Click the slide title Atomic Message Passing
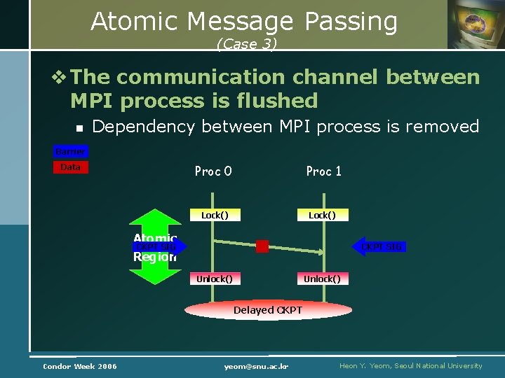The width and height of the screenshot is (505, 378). [x=243, y=22]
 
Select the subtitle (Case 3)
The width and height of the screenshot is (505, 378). [x=247, y=44]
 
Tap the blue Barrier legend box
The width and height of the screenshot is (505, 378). [x=71, y=152]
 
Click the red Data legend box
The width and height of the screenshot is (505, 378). [x=71, y=167]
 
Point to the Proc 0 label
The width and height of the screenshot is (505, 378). [x=213, y=171]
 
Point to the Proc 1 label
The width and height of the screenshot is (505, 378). [x=323, y=171]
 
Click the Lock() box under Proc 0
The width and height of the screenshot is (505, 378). [x=215, y=216]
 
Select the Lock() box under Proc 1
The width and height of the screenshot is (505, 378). [x=322, y=216]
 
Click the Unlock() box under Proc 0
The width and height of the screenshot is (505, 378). [x=215, y=279]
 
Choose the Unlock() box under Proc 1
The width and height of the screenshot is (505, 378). [x=322, y=279]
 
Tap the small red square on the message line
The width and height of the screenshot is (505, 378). [x=262, y=246]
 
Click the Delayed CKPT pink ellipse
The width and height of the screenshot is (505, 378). [x=268, y=310]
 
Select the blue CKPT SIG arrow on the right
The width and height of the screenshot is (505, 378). [x=379, y=246]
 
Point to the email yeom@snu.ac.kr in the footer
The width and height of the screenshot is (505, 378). [x=257, y=366]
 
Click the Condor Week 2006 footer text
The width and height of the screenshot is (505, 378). [x=80, y=366]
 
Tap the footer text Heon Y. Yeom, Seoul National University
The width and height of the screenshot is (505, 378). [x=410, y=366]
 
